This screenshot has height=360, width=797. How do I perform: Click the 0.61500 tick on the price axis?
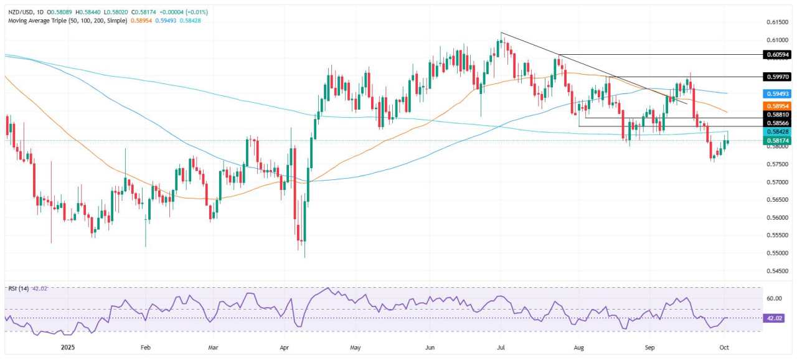tap(778, 22)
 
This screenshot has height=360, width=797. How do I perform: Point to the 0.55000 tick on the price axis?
tap(778, 253)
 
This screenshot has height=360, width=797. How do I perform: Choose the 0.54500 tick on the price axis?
tap(778, 271)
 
